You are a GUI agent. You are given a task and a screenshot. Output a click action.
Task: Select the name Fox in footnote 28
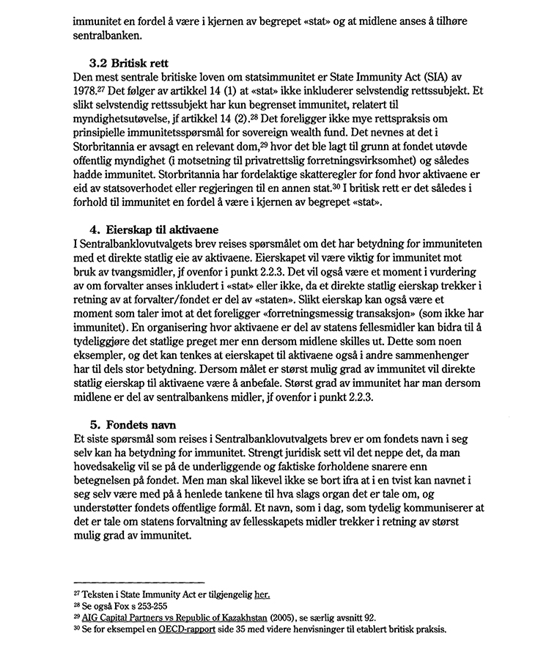[122, 607]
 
